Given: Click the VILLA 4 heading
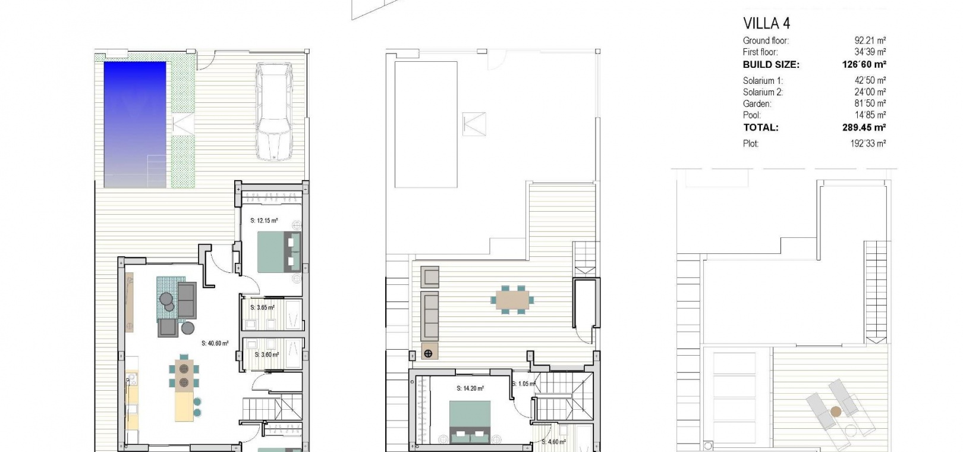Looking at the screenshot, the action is point(766,23).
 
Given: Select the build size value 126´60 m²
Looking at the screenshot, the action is point(864,64).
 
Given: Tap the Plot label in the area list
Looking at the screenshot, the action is point(751,144).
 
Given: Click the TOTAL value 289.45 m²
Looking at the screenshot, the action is point(864,128).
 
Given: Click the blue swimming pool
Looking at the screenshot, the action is point(135,125).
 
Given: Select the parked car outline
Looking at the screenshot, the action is point(274,112).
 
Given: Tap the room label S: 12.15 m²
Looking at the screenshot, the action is point(264,221).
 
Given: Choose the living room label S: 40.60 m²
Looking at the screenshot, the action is point(215,343).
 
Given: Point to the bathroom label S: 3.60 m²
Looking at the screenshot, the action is point(266,355).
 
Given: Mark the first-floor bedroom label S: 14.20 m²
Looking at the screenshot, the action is point(470,388).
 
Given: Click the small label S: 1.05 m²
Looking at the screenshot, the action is point(524,384).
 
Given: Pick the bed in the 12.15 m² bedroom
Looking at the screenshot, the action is point(279,252).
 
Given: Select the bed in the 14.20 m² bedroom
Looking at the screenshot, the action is point(470,422).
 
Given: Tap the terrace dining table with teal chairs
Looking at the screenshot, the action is point(512,300).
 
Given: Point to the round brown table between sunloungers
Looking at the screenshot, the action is point(836,412).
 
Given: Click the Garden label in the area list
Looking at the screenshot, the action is point(757,103).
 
